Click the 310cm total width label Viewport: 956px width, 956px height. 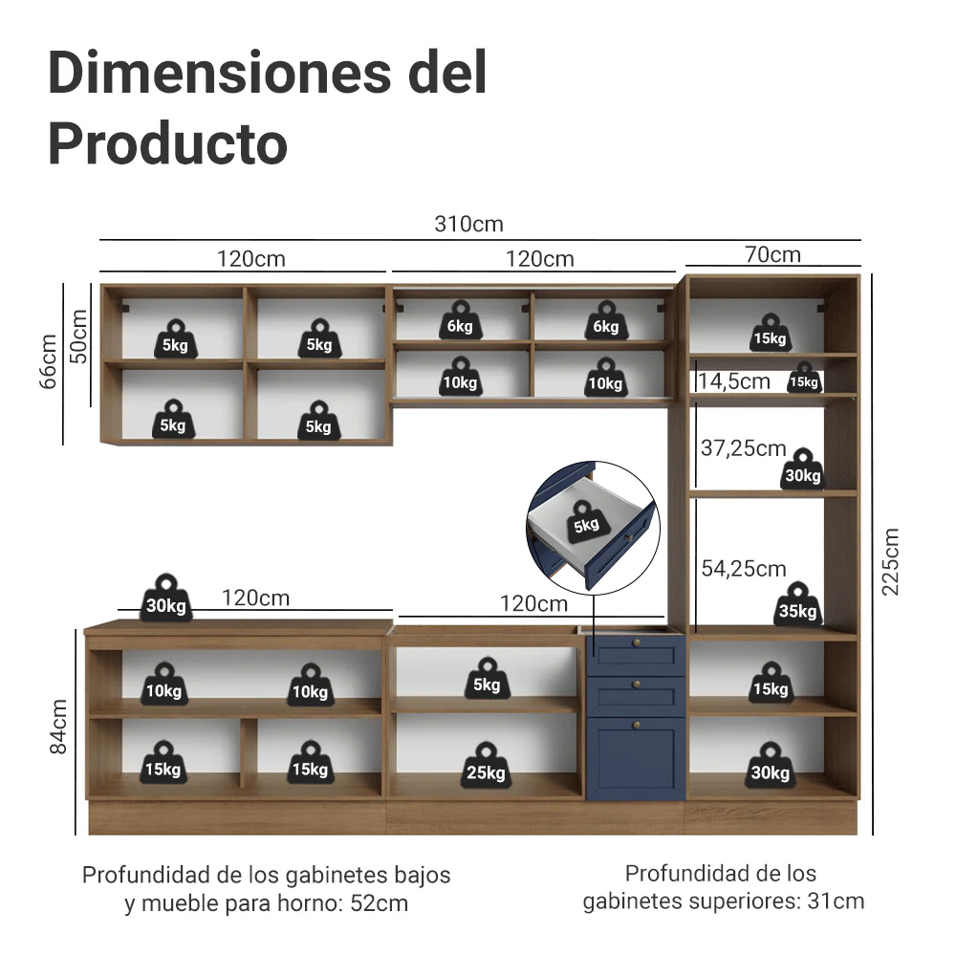[468, 225]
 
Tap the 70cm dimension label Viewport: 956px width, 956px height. [772, 254]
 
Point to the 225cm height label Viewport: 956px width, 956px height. [890, 561]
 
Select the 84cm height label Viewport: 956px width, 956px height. [58, 727]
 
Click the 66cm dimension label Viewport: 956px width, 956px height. [48, 361]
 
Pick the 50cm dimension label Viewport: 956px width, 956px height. [78, 337]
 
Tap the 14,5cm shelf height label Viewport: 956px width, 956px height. [734, 381]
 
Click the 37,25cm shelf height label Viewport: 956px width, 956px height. [743, 448]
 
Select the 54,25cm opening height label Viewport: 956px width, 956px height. [744, 569]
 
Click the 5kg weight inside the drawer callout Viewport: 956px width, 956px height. [587, 522]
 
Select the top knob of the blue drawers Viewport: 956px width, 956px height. [637, 643]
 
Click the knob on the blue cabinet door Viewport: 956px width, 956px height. [637, 725]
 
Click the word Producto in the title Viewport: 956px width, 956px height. [167, 144]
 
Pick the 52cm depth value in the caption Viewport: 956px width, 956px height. [380, 903]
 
